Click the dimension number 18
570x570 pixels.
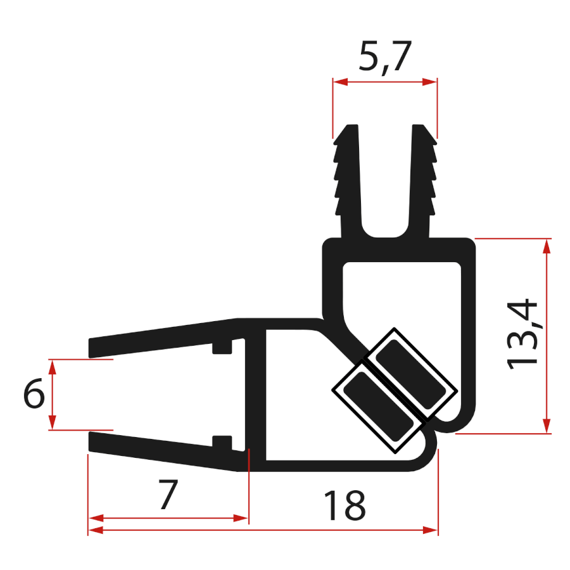point(345,505)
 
